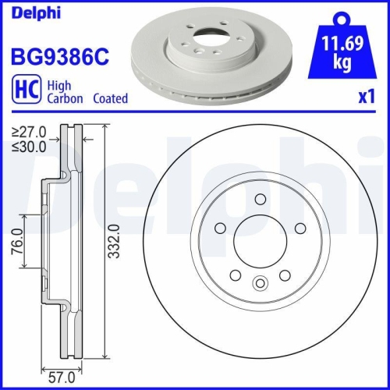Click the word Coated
point(111,99)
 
